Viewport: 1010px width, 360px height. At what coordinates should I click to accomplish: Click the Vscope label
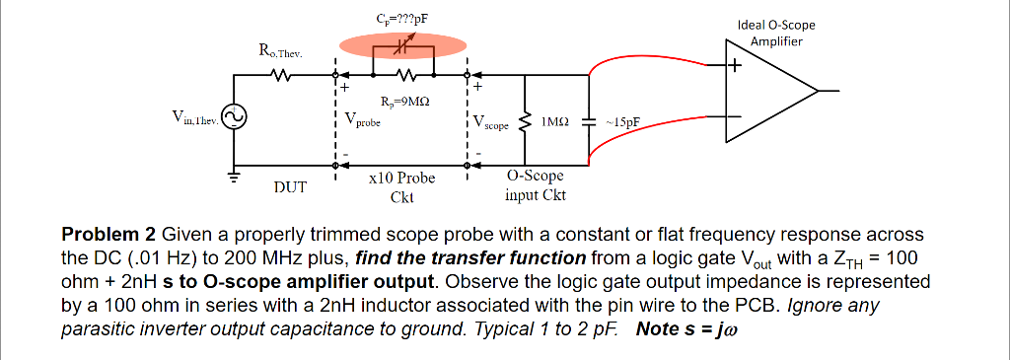click(490, 123)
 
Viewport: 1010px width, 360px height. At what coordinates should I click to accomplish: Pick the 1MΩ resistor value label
click(554, 121)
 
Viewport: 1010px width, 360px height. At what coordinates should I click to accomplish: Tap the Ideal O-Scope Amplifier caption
click(776, 34)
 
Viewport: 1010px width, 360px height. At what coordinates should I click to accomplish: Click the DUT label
click(289, 186)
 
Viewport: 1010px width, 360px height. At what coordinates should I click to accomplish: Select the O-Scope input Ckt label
click(535, 185)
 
